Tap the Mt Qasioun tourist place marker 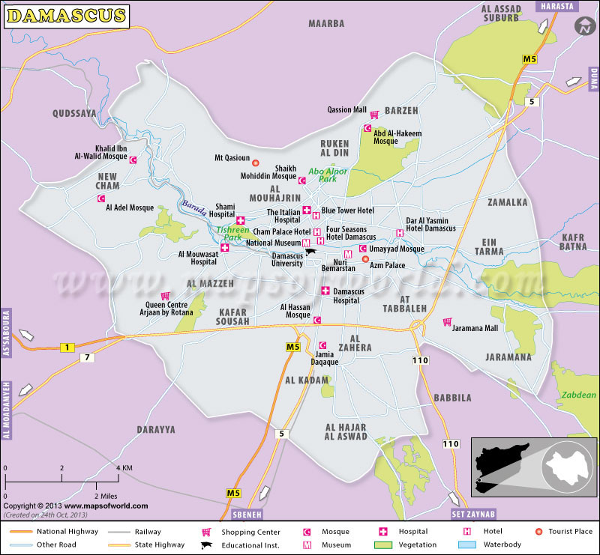point(255,163)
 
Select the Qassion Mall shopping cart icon point(373,115)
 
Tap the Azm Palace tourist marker point(365,259)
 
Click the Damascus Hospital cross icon point(325,291)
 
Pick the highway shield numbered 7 point(87,358)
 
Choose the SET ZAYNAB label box point(469,515)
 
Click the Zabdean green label point(578,395)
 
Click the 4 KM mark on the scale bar point(117,467)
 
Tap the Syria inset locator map point(532,464)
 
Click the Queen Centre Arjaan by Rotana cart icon point(166,296)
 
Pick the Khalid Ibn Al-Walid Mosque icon point(133,160)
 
